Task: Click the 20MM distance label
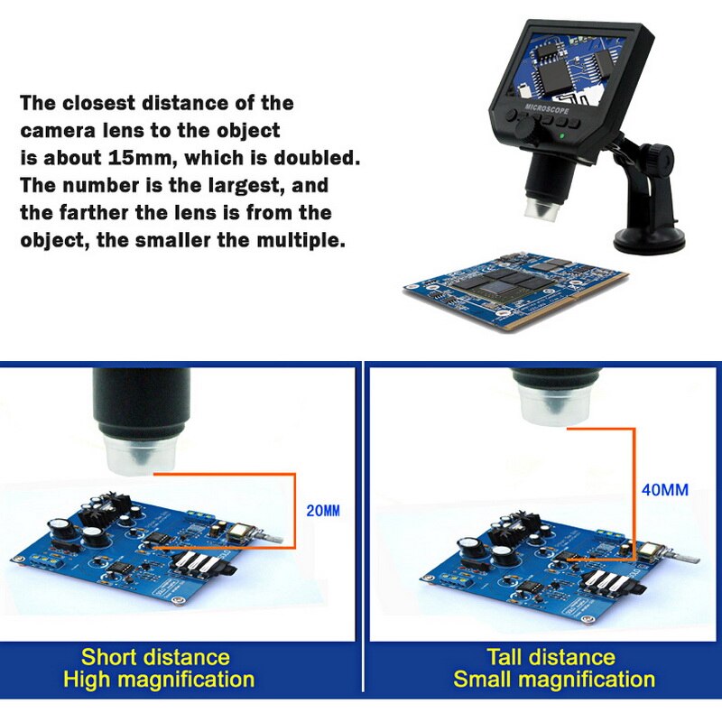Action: click(x=323, y=511)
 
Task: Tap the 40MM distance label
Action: click(x=663, y=490)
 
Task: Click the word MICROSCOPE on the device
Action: click(x=547, y=106)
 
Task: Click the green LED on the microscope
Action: click(x=563, y=137)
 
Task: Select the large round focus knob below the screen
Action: click(x=523, y=130)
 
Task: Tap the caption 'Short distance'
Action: click(x=155, y=656)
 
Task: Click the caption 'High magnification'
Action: click(x=159, y=680)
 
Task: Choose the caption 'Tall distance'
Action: click(x=550, y=656)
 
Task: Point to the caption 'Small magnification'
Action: click(x=553, y=680)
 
